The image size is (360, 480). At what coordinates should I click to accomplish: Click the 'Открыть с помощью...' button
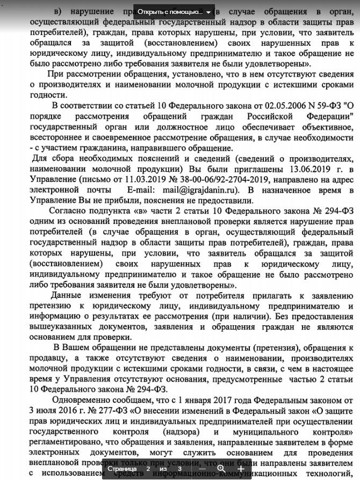[170, 11]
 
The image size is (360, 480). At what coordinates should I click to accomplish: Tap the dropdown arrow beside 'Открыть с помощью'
[208, 11]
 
